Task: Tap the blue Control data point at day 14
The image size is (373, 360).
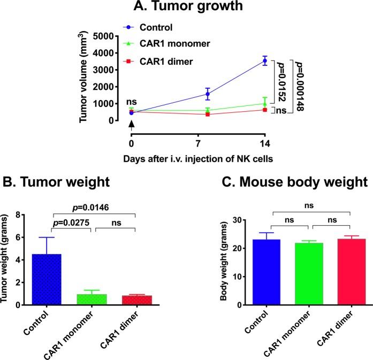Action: point(264,61)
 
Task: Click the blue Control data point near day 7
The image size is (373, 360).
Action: point(207,94)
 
